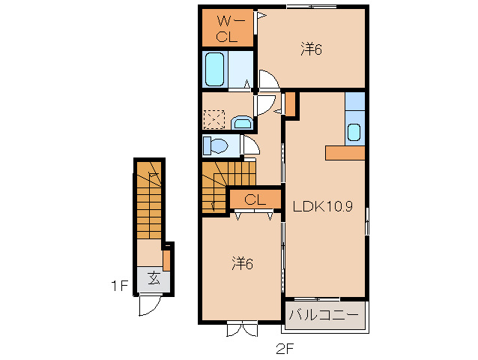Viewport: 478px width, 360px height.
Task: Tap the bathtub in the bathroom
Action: (214, 69)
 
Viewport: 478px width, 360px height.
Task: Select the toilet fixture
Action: (216, 145)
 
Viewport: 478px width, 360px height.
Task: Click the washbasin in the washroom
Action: (242, 123)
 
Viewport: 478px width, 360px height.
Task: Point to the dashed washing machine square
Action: (214, 119)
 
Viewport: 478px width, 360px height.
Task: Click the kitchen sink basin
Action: (354, 132)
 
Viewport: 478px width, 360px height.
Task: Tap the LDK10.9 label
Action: (323, 206)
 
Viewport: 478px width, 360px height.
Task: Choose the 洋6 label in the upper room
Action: (311, 49)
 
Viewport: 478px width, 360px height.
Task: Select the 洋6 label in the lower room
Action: (242, 263)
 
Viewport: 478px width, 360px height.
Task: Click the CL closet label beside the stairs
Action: (255, 200)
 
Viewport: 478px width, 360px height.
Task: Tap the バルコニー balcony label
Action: (324, 314)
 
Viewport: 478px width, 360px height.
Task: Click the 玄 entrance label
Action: (154, 278)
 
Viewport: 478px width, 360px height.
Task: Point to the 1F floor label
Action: (119, 286)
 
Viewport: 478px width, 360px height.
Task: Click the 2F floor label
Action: (285, 349)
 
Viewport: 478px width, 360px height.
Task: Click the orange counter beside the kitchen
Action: (345, 153)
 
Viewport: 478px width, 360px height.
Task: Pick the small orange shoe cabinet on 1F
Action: (166, 260)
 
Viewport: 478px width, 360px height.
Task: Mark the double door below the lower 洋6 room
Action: (242, 329)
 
